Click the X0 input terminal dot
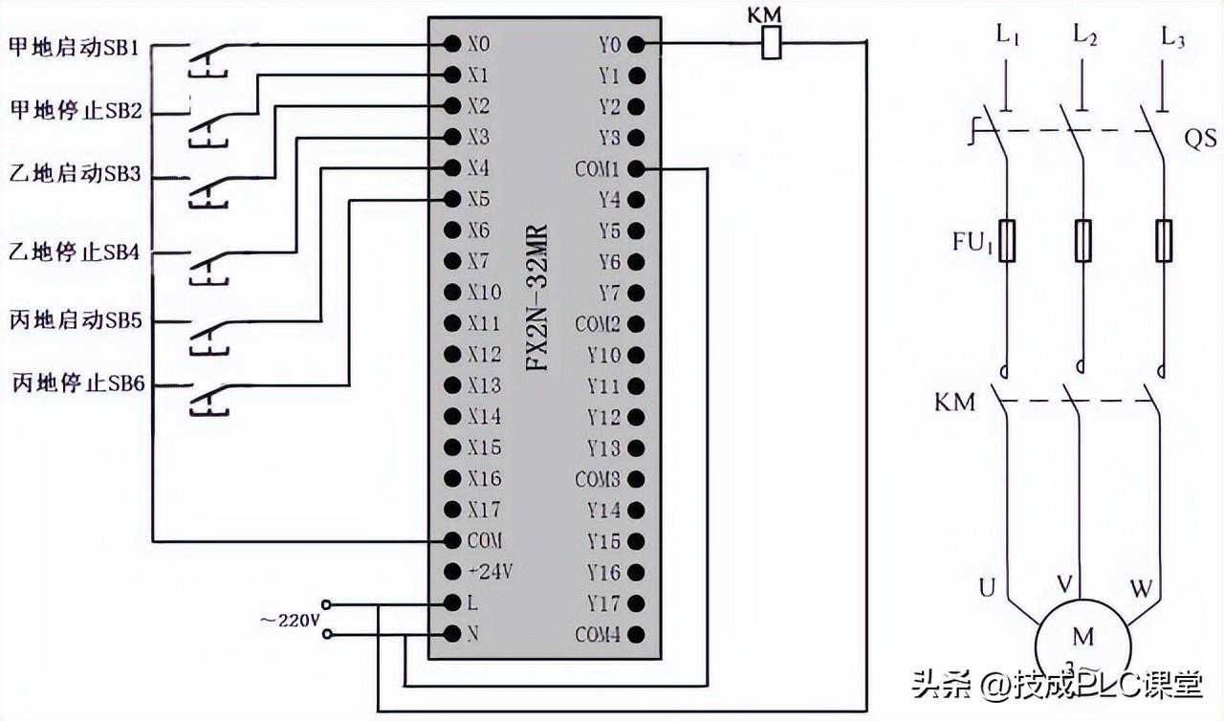point(451,44)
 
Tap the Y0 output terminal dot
point(636,44)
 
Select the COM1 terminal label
point(598,169)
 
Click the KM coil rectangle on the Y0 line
point(771,44)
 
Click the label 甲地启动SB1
point(75,46)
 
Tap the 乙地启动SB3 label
point(75,175)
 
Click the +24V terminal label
point(490,572)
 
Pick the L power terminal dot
point(451,603)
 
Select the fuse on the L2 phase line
point(1083,240)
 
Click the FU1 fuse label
point(973,240)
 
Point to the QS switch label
point(1200,140)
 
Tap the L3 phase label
point(1173,38)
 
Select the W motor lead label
point(1141,589)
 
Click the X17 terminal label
point(485,509)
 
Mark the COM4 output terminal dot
point(636,634)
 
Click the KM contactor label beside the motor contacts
point(954,402)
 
